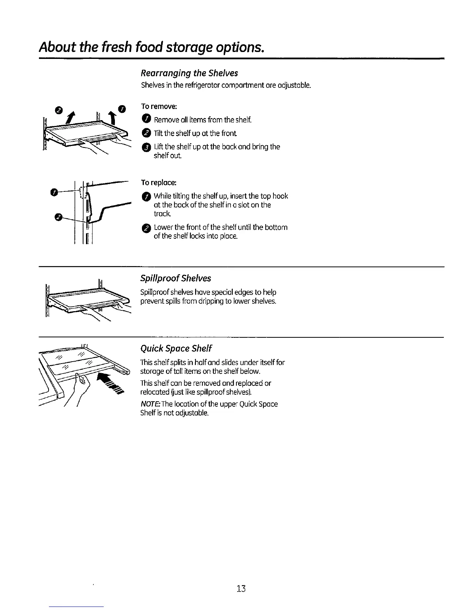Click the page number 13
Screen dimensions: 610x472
coord(241,588)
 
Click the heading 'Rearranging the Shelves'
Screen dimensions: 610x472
coord(189,73)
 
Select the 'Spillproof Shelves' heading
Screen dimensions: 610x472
coord(175,278)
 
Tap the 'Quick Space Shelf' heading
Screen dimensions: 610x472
coord(176,349)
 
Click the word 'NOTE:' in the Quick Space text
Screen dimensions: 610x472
coord(150,404)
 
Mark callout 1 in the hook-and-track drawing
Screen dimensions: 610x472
coord(56,192)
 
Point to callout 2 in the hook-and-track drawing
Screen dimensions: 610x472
coord(58,218)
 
